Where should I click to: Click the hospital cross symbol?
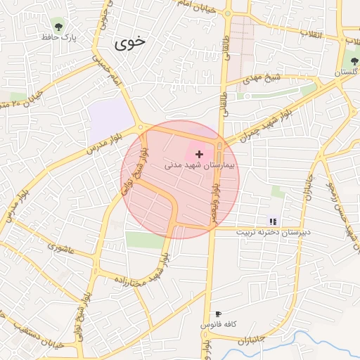tap(200, 153)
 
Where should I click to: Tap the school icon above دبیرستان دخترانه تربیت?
tap(273, 221)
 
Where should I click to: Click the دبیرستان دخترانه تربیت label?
tap(273, 231)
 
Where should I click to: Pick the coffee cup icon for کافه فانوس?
tap(218, 314)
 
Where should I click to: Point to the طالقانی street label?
tap(226, 102)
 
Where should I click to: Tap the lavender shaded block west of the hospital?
tap(110, 115)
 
